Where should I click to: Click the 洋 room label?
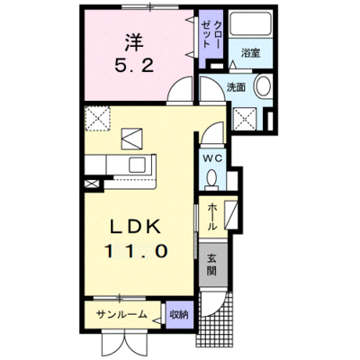click(x=134, y=42)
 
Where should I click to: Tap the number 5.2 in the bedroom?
click(x=134, y=65)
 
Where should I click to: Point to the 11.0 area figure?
click(x=136, y=251)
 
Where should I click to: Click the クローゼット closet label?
click(x=211, y=35)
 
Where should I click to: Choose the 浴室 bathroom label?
click(x=250, y=53)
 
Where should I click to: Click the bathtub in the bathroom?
click(x=251, y=24)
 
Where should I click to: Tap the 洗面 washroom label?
click(x=236, y=87)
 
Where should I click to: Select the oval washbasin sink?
click(x=263, y=85)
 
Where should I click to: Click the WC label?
click(x=212, y=158)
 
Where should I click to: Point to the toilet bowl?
click(x=211, y=178)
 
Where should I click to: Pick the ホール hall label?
click(x=212, y=217)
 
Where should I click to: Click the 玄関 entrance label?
click(x=211, y=265)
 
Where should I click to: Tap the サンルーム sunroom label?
click(x=121, y=315)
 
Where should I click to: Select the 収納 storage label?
click(x=179, y=315)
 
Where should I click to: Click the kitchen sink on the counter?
click(x=138, y=165)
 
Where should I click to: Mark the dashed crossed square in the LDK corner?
click(x=98, y=119)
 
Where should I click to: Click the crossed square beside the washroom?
click(x=245, y=119)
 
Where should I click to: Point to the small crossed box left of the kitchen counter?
click(x=91, y=184)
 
